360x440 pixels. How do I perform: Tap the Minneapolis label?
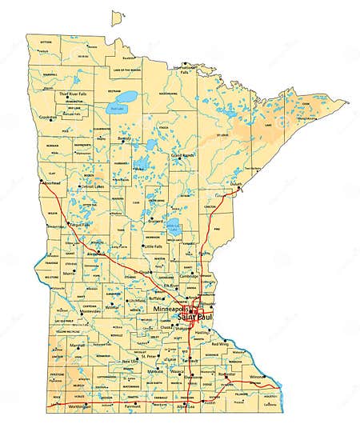tap(170, 309)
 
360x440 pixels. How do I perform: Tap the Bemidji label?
tap(124, 138)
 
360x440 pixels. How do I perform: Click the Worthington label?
tap(80, 407)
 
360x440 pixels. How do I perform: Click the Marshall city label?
tap(78, 344)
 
